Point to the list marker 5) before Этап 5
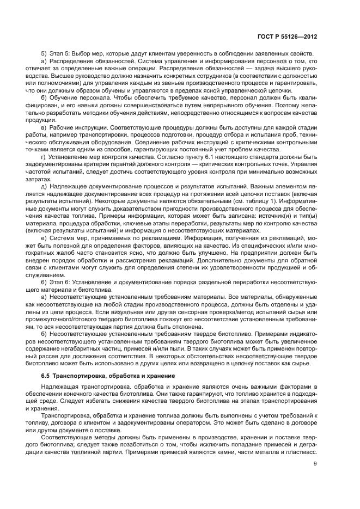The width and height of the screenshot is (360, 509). click(45, 53)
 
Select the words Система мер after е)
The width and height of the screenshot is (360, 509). click(71, 238)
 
